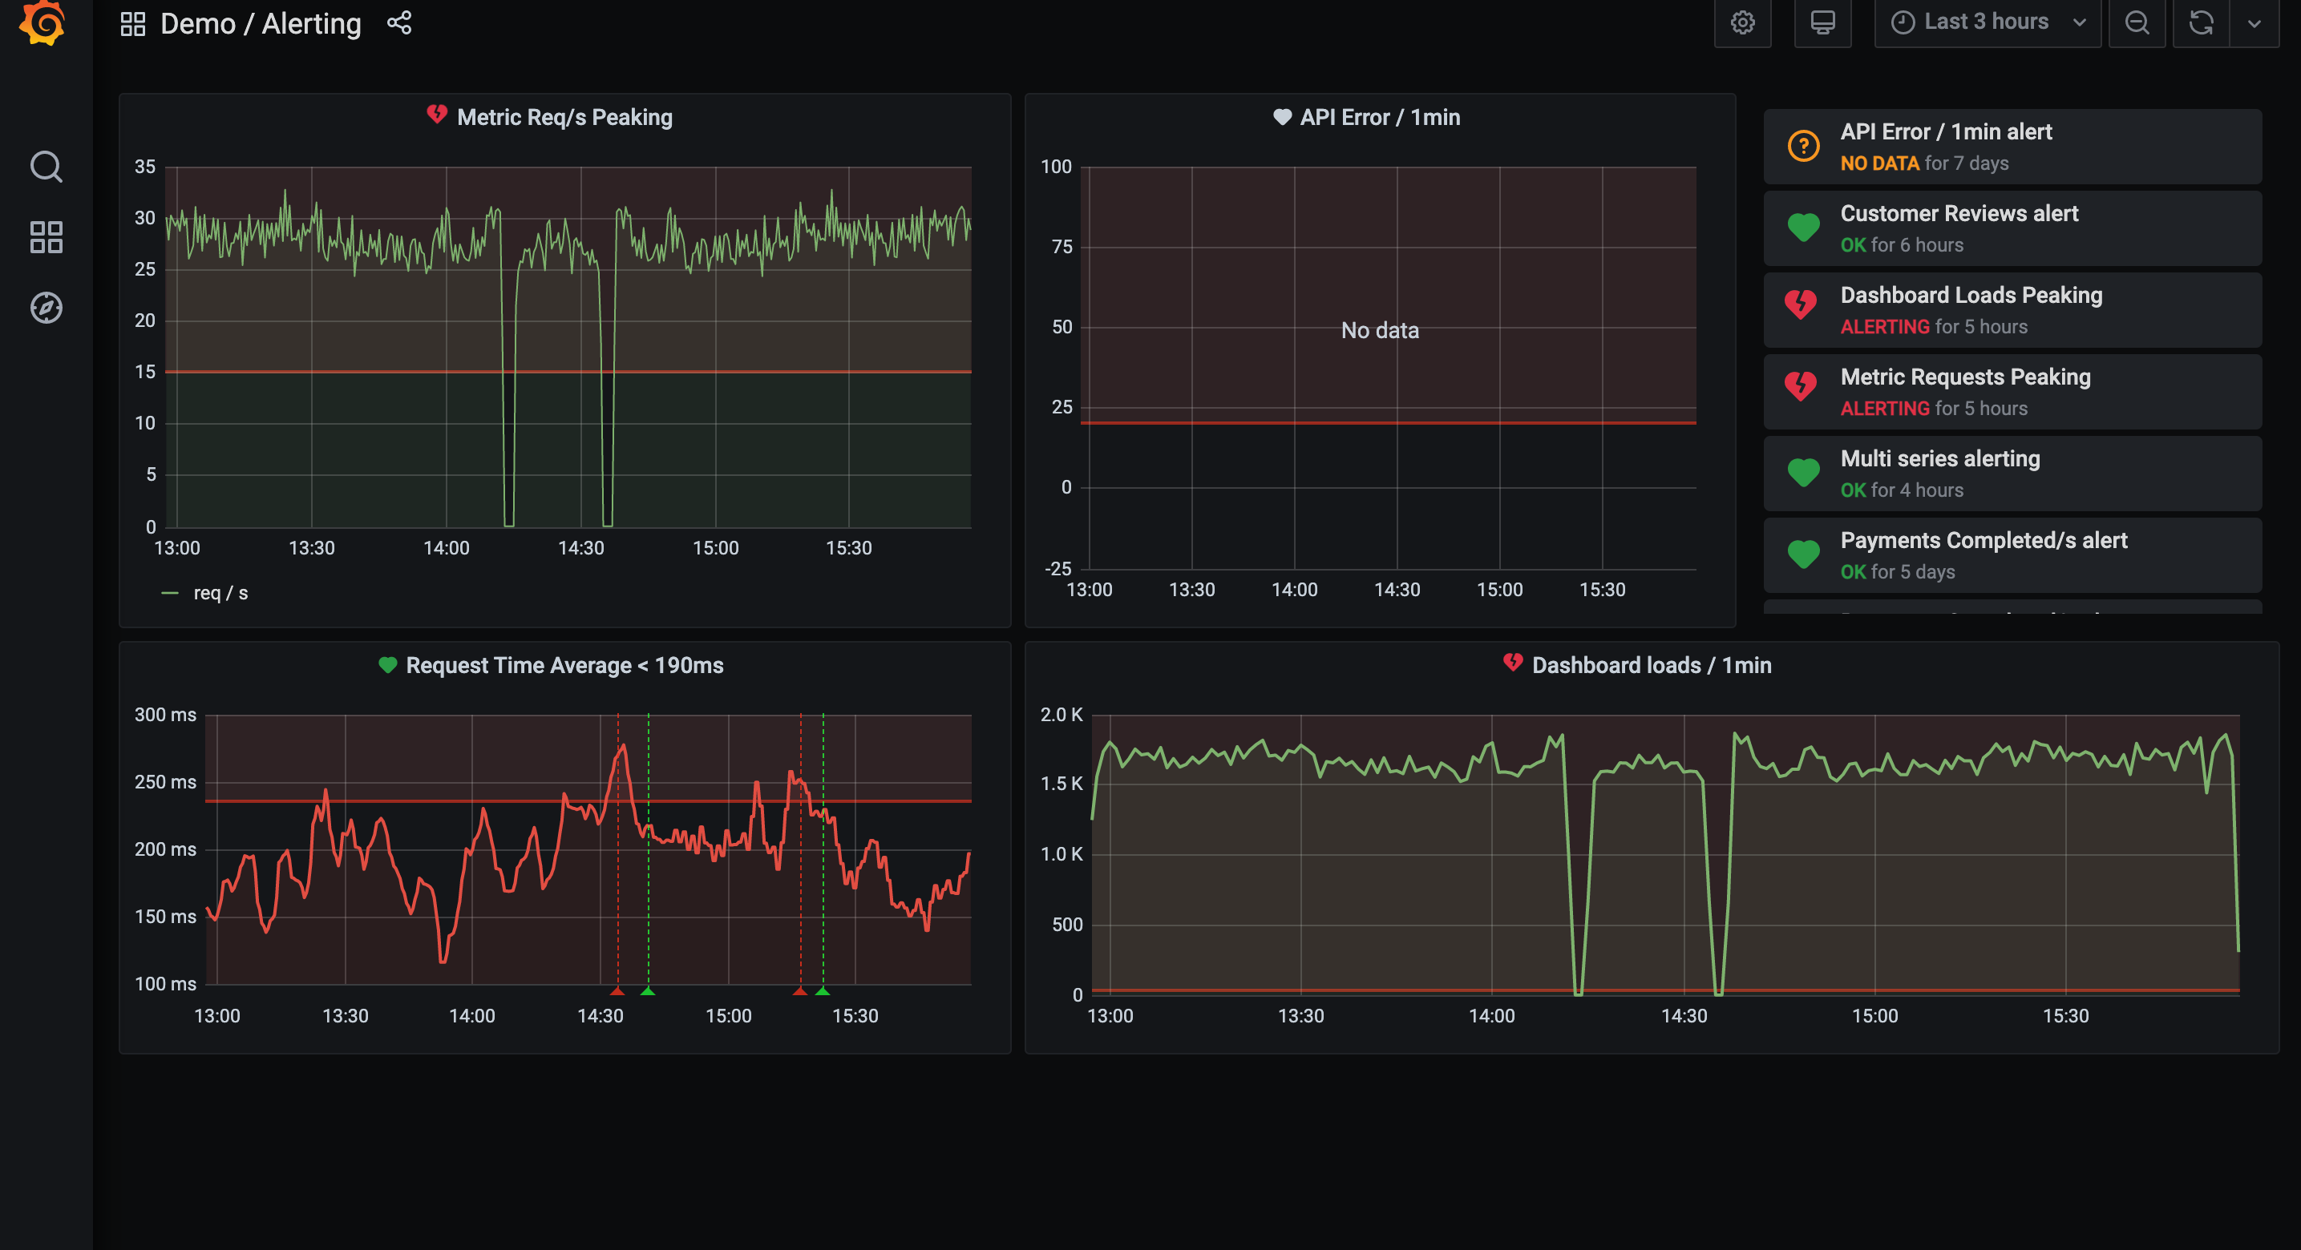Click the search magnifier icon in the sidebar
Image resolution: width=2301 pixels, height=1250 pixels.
coord(46,167)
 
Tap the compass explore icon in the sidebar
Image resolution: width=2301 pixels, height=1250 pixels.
coord(46,308)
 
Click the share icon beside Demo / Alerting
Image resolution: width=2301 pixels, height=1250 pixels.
coord(399,23)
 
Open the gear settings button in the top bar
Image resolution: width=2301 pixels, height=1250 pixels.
coord(1742,22)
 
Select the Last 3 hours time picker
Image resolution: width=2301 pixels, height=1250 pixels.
coord(1986,22)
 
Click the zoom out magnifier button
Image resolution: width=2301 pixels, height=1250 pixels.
coord(2137,22)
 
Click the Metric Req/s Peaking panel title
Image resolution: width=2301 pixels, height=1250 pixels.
coord(564,117)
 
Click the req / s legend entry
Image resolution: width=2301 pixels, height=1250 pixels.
coord(220,593)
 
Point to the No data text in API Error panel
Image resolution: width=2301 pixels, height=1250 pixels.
coord(1379,330)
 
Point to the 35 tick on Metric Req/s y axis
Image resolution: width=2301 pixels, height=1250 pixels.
coord(144,167)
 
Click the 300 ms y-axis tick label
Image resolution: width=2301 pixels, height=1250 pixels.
coord(165,714)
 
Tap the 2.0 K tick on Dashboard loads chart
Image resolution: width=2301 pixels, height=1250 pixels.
coord(1062,714)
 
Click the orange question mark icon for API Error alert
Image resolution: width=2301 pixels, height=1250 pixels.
coord(1802,147)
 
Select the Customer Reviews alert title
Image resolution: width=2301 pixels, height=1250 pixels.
coord(1959,213)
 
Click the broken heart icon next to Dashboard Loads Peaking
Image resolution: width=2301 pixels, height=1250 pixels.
coord(1801,305)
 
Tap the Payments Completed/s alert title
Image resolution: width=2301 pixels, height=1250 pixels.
coord(1983,540)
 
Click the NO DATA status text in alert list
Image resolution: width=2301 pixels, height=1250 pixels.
coord(1879,163)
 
